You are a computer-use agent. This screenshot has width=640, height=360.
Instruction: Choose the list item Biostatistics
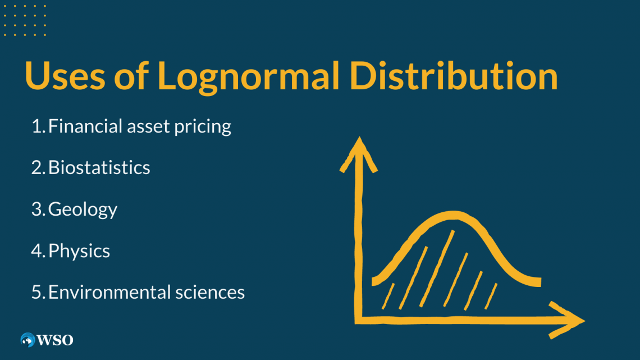coord(99,167)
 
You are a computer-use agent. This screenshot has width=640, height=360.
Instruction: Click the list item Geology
coord(83,209)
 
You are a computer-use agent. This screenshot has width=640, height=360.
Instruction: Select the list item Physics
coord(79,251)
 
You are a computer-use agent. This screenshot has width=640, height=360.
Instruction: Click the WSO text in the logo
coord(55,340)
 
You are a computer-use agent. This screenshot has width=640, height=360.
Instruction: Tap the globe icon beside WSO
coord(28,340)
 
